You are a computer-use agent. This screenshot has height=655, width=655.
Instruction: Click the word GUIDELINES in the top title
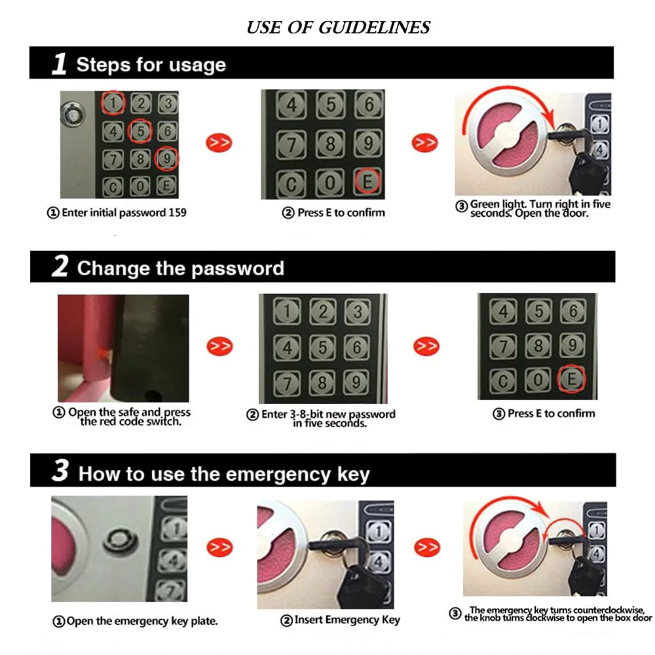pyautogui.click(x=375, y=28)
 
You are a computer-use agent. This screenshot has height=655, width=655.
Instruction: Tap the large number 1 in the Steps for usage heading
pyautogui.click(x=60, y=64)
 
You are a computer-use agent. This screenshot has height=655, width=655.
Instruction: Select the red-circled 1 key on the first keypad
pyautogui.click(x=113, y=102)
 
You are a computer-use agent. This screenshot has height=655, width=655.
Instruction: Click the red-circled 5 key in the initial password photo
pyautogui.click(x=140, y=131)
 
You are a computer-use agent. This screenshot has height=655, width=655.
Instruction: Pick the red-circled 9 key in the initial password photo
pyautogui.click(x=166, y=159)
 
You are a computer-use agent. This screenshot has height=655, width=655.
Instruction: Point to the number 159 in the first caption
pyautogui.click(x=177, y=213)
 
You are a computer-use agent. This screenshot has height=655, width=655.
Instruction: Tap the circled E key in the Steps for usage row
pyautogui.click(x=367, y=180)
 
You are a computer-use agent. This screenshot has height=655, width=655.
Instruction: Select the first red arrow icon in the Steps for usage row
pyautogui.click(x=219, y=142)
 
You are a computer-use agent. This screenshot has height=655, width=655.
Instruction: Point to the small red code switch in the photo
pyautogui.click(x=103, y=351)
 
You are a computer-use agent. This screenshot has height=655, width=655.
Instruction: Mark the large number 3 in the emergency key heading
pyautogui.click(x=60, y=472)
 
